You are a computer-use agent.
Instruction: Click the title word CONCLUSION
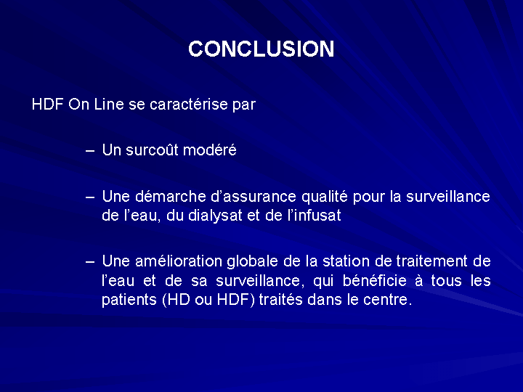261,49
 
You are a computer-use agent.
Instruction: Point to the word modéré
210,150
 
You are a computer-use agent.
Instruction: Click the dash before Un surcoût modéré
90,151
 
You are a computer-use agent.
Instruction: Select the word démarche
171,196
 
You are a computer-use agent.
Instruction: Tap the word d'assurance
254,196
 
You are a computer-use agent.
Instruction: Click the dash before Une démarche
90,197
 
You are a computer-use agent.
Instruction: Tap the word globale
253,262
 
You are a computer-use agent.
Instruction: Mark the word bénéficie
375,281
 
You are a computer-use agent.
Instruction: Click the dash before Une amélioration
90,262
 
